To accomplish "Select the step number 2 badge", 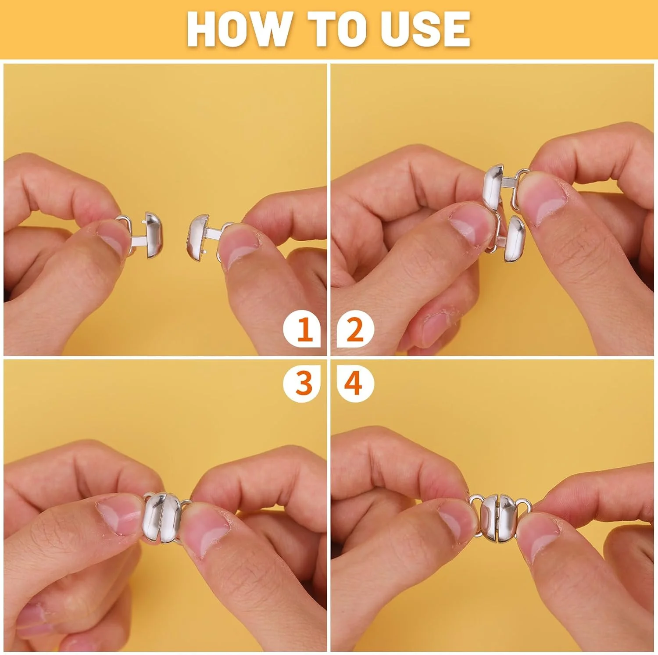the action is [x=355, y=329].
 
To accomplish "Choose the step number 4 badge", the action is [x=355, y=383].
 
